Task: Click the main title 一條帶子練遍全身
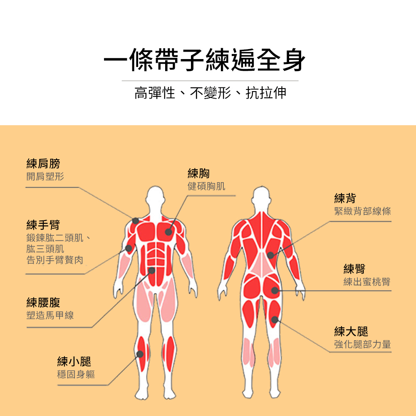(204, 60)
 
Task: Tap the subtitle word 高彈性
(155, 93)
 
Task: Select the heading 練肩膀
(43, 163)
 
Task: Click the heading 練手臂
(43, 225)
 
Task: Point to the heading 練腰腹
(43, 302)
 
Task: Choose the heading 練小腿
(74, 362)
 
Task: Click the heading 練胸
(199, 173)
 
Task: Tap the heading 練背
(345, 198)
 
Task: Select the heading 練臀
(354, 269)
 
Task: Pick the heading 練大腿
(351, 332)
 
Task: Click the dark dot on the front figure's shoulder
(136, 221)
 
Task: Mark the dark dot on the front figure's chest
(168, 232)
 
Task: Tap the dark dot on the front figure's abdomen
(151, 271)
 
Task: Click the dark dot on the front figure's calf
(140, 354)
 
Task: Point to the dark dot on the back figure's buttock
(275, 290)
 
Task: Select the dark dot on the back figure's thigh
(275, 319)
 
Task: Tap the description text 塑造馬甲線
(50, 315)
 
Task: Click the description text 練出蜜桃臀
(367, 282)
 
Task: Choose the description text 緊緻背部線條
(363, 211)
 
